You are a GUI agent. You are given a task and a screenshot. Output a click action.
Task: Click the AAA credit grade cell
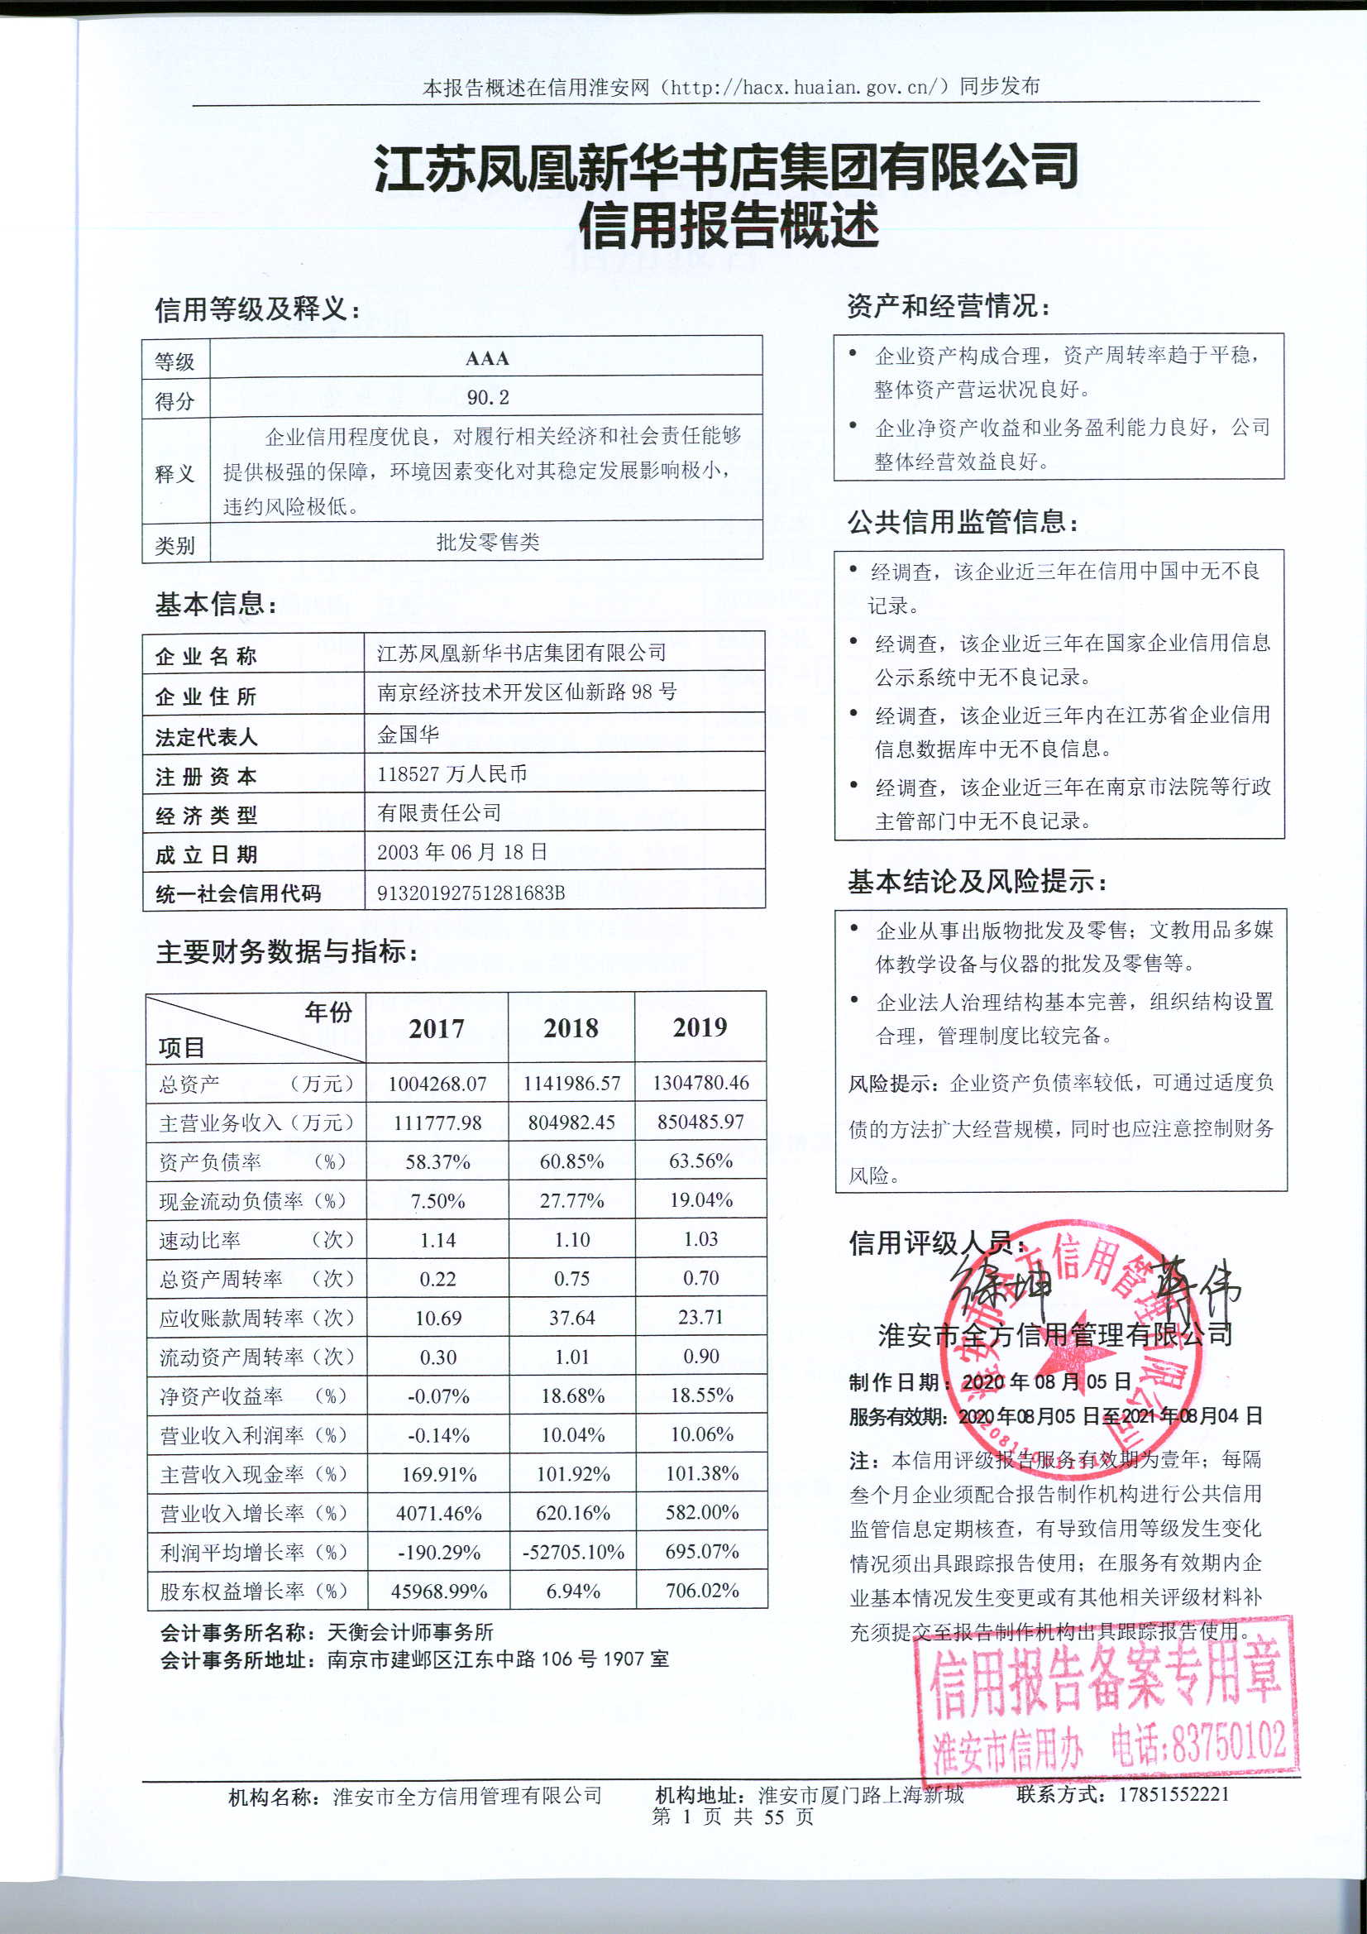[487, 358]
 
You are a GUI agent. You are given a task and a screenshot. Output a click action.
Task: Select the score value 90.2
[488, 397]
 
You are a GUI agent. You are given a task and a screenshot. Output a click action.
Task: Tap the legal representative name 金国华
[409, 734]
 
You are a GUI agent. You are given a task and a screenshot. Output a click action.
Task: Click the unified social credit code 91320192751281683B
[471, 893]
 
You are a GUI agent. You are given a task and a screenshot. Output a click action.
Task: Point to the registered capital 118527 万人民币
[452, 773]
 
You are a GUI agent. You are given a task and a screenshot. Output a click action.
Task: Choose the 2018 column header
[571, 1027]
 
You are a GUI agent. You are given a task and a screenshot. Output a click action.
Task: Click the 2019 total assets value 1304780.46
[700, 1083]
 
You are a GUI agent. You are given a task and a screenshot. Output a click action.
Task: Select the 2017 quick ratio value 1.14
[438, 1240]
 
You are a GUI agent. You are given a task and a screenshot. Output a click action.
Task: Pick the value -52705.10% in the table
[573, 1552]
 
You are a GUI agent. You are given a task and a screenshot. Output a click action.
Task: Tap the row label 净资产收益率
[222, 1395]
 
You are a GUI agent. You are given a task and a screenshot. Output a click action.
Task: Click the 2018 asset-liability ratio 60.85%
[572, 1161]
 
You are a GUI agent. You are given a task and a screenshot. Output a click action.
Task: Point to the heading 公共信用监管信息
[961, 522]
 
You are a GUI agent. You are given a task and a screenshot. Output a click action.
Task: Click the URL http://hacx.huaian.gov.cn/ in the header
[807, 86]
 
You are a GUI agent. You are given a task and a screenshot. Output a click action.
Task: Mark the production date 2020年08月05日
[1047, 1381]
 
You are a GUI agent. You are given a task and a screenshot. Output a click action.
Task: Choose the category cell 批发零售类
[488, 542]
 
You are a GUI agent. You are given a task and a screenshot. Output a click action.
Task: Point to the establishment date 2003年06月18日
[462, 851]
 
